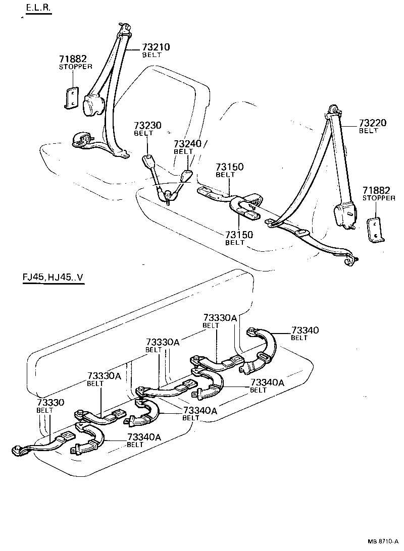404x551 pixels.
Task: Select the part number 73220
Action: (373, 123)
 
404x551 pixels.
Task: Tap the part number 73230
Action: (148, 126)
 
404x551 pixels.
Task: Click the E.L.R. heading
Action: (38, 9)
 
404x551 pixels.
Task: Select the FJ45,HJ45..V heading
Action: (52, 278)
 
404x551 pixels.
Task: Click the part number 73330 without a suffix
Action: (50, 403)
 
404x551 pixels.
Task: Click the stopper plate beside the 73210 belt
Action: (71, 97)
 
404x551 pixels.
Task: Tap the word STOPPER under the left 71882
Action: (75, 67)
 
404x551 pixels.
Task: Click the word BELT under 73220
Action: (368, 131)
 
